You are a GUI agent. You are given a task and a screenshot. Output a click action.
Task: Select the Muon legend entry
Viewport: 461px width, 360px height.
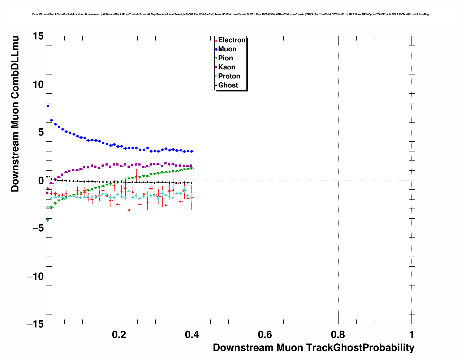[x=227, y=49]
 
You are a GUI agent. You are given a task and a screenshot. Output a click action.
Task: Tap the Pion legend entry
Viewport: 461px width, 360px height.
[x=225, y=58]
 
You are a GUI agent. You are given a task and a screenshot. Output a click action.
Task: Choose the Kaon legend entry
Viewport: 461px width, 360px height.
[x=227, y=67]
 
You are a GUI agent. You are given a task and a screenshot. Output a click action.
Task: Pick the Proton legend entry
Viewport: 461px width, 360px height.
[x=229, y=76]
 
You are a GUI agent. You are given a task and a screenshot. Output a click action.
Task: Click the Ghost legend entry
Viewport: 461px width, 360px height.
[x=228, y=85]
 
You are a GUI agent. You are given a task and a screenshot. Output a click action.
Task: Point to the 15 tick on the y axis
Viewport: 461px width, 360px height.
[x=37, y=36]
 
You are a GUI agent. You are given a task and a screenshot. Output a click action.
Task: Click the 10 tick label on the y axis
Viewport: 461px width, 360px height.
[x=37, y=84]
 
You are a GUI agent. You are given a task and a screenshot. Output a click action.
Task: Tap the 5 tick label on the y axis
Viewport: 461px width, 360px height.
[x=40, y=132]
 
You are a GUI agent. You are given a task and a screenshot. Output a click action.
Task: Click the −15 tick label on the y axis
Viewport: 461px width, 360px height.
[x=35, y=324]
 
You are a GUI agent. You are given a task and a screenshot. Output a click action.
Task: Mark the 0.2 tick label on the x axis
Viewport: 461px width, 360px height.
[x=119, y=335]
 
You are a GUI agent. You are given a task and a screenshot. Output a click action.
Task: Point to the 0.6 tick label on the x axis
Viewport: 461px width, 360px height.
[x=265, y=335]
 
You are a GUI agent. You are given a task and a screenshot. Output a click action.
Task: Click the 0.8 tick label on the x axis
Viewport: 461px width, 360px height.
[x=338, y=335]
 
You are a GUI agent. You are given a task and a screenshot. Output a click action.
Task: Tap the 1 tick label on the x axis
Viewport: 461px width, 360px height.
[x=412, y=335]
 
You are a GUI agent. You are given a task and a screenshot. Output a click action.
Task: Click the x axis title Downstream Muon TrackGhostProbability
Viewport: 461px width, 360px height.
[x=313, y=348]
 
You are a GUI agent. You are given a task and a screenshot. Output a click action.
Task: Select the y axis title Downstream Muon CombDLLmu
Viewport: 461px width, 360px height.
[x=15, y=114]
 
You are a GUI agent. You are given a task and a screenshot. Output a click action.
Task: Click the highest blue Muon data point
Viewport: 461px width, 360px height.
[x=48, y=106]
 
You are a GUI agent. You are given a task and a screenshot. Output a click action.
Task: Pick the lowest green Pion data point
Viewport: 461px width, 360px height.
[x=47, y=220]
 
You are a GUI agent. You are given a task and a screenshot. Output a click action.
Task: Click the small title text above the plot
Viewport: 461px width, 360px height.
[x=230, y=14]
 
